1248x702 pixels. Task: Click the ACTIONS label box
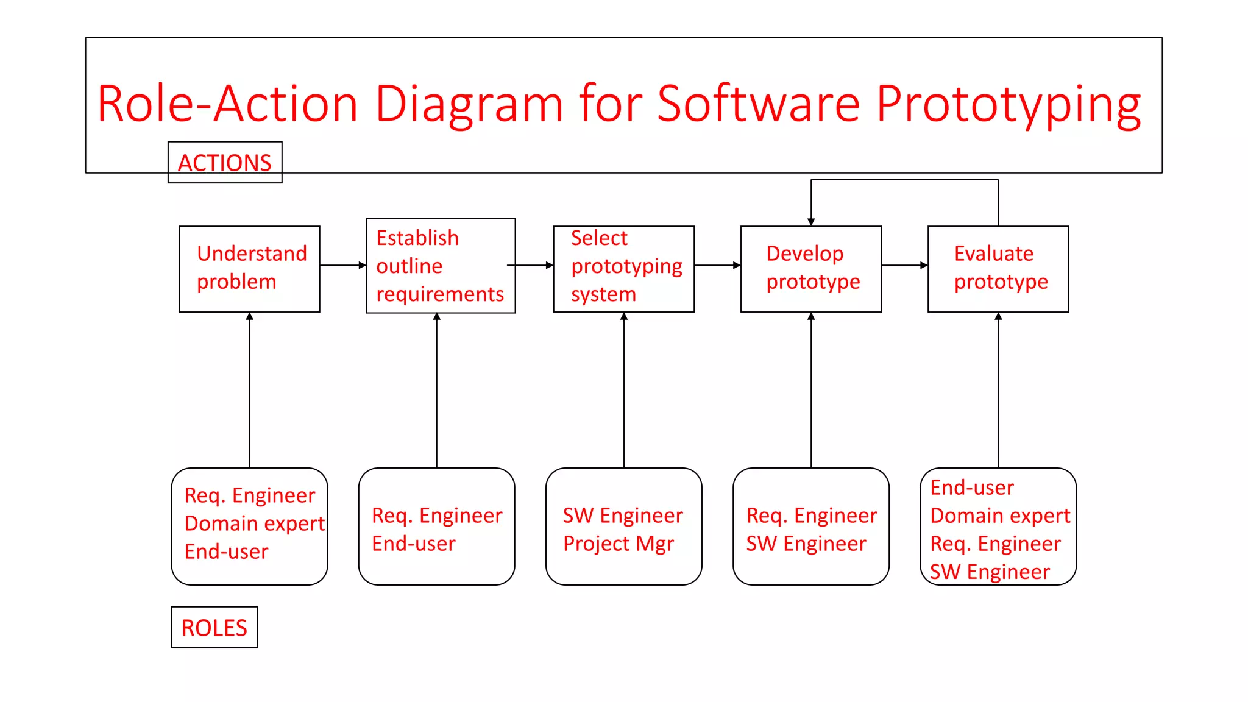(x=225, y=163)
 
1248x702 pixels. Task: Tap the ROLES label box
(x=214, y=627)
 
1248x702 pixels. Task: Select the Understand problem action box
(x=249, y=269)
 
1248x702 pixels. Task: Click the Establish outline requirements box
(x=440, y=266)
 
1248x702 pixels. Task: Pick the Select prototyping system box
(x=623, y=269)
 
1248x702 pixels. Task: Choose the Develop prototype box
(x=810, y=269)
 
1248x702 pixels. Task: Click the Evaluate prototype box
(x=998, y=269)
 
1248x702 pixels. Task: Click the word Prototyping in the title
(x=1009, y=104)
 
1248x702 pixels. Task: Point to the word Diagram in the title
(x=469, y=104)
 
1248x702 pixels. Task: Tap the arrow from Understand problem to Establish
(x=342, y=265)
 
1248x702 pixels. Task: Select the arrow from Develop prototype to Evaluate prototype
(x=904, y=265)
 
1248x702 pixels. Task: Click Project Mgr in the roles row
(x=618, y=544)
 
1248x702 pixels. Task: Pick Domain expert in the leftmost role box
(x=254, y=523)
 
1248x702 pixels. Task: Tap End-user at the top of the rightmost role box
(x=971, y=487)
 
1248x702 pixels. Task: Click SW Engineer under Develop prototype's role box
(x=806, y=544)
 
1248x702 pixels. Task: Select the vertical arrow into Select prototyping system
(x=623, y=390)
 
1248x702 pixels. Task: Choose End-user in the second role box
(x=413, y=544)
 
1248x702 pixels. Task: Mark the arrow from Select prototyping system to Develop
(x=717, y=265)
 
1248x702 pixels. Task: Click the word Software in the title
(x=759, y=104)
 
